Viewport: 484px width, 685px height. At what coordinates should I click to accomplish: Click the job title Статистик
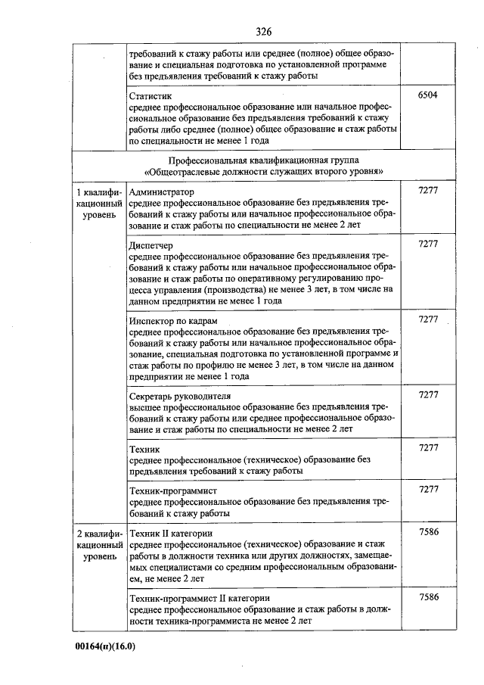click(150, 97)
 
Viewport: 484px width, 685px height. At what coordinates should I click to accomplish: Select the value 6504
click(428, 97)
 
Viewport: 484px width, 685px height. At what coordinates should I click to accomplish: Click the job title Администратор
click(162, 192)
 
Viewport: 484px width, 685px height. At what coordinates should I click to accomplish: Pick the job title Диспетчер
click(152, 246)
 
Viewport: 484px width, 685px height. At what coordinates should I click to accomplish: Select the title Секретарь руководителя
click(180, 396)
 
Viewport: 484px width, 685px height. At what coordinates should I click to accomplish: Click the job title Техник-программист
click(173, 490)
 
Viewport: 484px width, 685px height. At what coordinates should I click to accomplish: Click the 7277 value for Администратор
click(428, 192)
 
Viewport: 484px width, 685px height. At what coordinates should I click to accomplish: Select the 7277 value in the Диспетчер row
click(428, 246)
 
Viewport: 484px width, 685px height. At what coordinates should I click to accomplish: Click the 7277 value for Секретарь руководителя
click(428, 396)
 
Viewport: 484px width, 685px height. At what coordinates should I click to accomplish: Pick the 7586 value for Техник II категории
click(428, 533)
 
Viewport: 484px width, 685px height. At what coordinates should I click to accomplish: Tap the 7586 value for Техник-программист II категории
click(428, 598)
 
